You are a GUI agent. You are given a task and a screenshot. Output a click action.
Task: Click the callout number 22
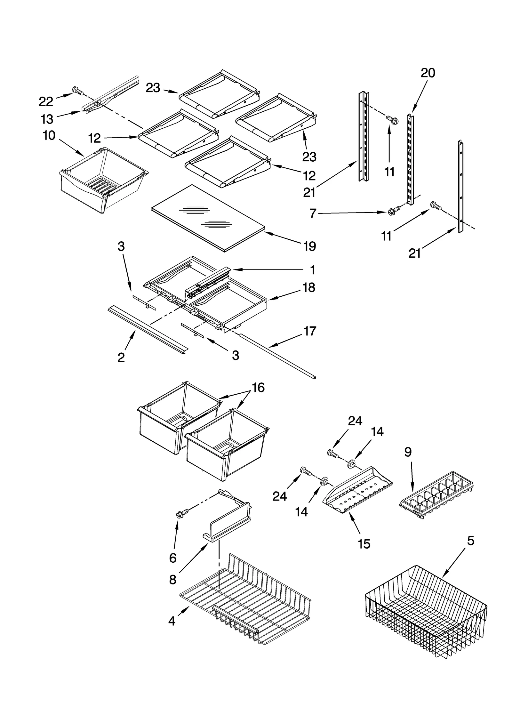[x=46, y=101]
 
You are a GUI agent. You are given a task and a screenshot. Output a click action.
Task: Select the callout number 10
[x=49, y=136]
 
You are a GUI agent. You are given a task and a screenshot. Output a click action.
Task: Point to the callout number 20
[x=428, y=73]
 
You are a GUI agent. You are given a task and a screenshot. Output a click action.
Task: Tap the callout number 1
[x=313, y=270]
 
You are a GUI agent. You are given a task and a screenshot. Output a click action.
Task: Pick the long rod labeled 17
[x=278, y=355]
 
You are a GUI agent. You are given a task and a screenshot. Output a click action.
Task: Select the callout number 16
[x=258, y=388]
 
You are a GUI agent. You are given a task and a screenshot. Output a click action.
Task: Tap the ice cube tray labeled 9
[x=437, y=494]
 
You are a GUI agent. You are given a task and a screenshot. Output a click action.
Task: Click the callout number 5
[x=470, y=541]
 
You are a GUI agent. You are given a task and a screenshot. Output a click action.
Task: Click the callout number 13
[x=47, y=119]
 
